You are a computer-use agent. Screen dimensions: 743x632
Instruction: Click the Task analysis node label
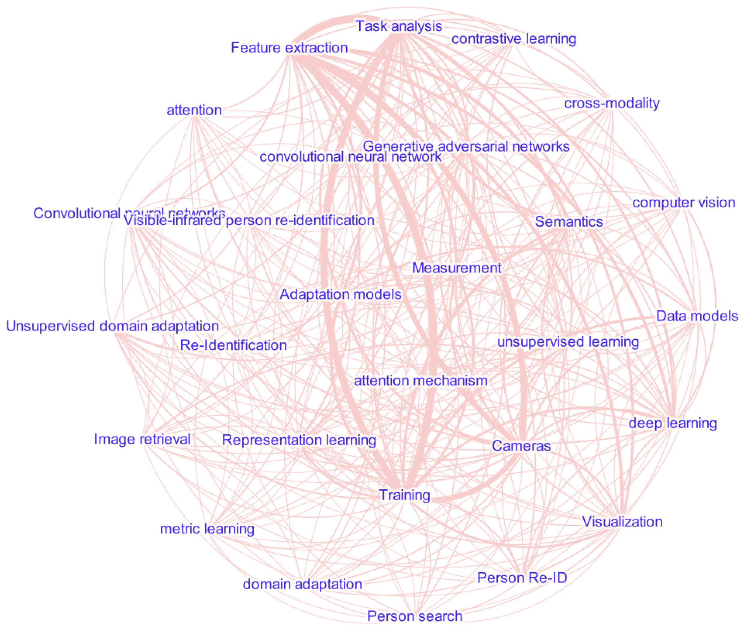[x=399, y=26]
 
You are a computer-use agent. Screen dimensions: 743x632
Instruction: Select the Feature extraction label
[x=289, y=48]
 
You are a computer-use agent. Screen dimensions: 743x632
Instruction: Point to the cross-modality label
[x=612, y=103]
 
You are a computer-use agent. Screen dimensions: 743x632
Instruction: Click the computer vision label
[x=684, y=203]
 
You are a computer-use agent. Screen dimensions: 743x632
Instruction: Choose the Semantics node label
[x=569, y=222]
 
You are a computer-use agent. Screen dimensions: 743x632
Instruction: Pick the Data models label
[x=697, y=316]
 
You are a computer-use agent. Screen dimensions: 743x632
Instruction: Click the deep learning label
[x=672, y=423]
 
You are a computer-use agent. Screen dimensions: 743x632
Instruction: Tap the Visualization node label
[x=622, y=522]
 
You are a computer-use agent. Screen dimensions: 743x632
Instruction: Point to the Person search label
[x=415, y=616]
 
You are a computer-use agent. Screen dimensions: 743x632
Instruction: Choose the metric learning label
[x=207, y=529]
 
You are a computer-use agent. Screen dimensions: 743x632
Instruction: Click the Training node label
[x=404, y=495]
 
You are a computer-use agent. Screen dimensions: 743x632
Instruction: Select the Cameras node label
[x=521, y=446]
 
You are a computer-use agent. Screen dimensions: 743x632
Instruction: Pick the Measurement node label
[x=457, y=268]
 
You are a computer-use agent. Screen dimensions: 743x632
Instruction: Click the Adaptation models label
[x=340, y=294]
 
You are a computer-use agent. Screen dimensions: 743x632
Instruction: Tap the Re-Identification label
[x=233, y=345]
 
